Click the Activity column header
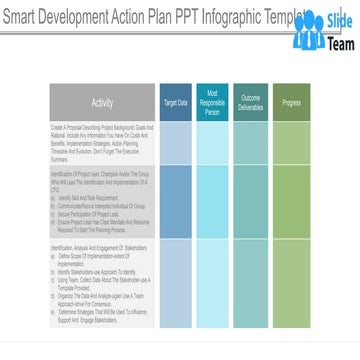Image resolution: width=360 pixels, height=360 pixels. (102, 102)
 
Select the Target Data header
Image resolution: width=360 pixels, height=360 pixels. (176, 102)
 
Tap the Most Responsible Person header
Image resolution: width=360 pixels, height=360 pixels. (213, 102)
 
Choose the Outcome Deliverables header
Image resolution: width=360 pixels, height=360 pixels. (251, 102)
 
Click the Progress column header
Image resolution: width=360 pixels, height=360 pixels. (292, 102)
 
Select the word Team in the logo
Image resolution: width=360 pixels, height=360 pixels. (338, 43)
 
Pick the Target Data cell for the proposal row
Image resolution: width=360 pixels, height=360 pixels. (176, 143)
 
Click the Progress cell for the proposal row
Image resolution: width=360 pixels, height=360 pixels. (292, 143)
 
